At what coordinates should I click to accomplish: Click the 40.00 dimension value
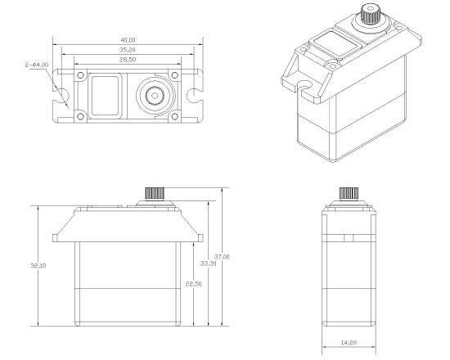(x=128, y=40)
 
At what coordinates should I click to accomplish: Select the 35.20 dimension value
(x=128, y=50)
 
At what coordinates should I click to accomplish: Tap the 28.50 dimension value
(x=128, y=60)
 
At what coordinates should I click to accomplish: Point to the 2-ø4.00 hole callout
(x=37, y=65)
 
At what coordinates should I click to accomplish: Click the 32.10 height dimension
(x=38, y=266)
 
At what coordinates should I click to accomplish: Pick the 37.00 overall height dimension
(x=222, y=257)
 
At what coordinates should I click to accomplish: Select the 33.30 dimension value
(x=209, y=263)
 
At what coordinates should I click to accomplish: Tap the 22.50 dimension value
(x=193, y=284)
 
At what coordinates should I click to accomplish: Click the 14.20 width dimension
(x=349, y=343)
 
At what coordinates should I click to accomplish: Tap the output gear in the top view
(x=155, y=96)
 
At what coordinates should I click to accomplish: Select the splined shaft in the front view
(x=155, y=193)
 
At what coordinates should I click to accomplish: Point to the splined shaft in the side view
(x=349, y=193)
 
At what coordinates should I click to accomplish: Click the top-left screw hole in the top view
(x=81, y=75)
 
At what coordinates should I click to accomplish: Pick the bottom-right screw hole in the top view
(x=175, y=116)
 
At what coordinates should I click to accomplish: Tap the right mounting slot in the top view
(x=194, y=96)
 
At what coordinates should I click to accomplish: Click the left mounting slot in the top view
(x=61, y=96)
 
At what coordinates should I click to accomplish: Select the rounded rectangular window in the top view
(x=105, y=96)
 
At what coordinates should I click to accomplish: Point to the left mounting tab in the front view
(x=55, y=238)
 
